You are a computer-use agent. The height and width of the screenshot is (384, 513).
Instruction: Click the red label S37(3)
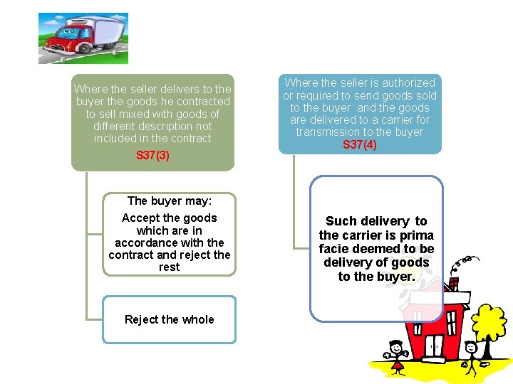pyautogui.click(x=152, y=155)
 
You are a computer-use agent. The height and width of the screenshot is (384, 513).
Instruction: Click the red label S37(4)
pyautogui.click(x=359, y=144)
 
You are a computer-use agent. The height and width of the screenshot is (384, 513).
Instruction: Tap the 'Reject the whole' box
pyautogui.click(x=169, y=319)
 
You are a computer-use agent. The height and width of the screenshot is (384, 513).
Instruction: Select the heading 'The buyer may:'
pyautogui.click(x=169, y=201)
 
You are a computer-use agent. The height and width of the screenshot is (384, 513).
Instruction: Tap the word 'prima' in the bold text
pyautogui.click(x=415, y=235)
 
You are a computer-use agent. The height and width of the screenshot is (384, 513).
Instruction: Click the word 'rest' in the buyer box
pyautogui.click(x=169, y=267)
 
